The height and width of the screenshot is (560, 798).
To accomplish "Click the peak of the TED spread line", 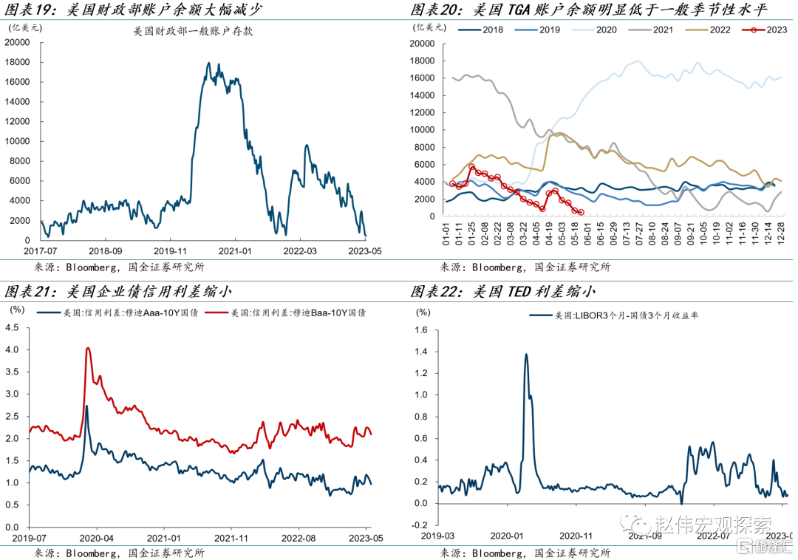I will click(x=526, y=354).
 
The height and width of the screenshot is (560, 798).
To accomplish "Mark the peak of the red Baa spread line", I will click(x=88, y=348).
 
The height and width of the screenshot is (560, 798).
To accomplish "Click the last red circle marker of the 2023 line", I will click(x=581, y=212).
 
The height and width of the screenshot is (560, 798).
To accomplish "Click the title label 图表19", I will click(x=29, y=10).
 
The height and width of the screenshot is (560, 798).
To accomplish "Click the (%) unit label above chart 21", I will click(x=16, y=311).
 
